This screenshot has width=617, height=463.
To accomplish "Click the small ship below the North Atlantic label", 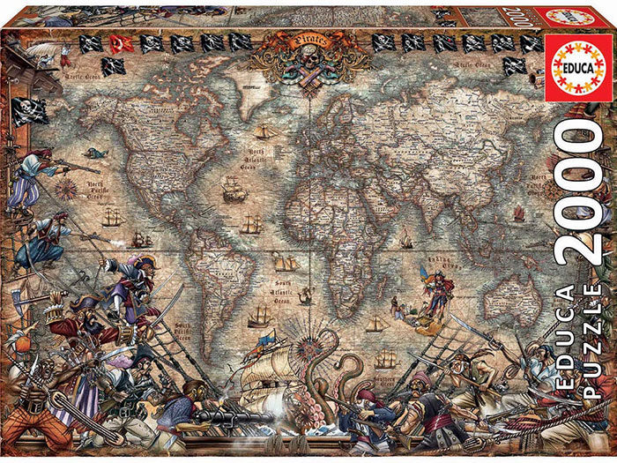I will coord(234,190).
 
